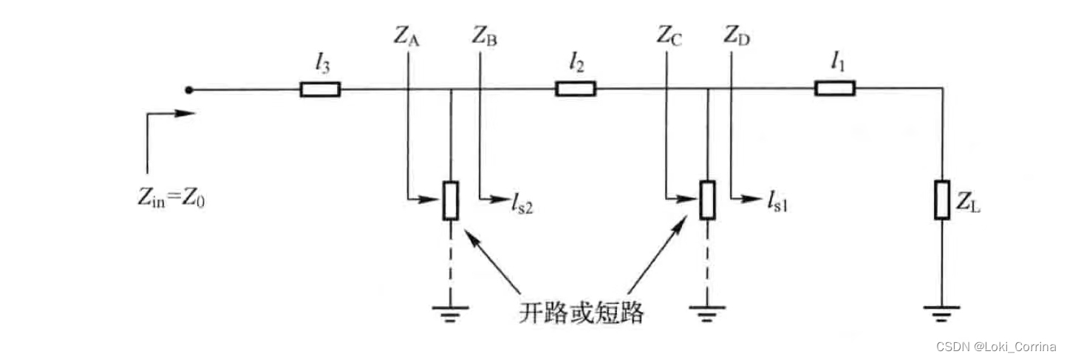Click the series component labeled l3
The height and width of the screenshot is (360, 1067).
tap(320, 89)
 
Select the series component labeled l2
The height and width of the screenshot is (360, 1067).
tap(575, 89)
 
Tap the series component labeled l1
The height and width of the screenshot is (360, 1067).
tap(834, 89)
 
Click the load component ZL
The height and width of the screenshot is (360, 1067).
tap(941, 200)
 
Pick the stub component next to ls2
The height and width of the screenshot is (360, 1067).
tap(451, 200)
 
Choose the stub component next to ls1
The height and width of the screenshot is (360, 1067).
tap(708, 200)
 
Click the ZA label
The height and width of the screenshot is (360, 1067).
tap(408, 36)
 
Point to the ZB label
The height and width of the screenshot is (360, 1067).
tap(484, 36)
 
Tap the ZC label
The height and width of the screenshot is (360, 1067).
tap(668, 36)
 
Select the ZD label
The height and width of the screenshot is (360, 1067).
tap(737, 36)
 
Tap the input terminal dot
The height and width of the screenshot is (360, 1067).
tap(189, 90)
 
